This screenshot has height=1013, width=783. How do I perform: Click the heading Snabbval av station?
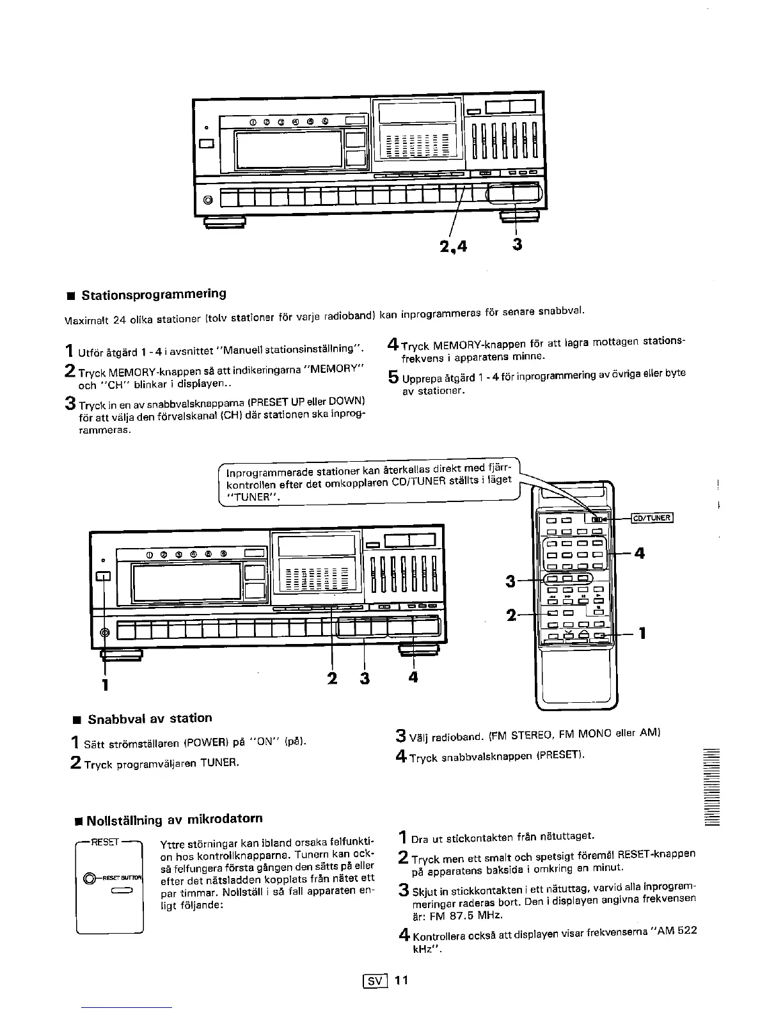(150, 718)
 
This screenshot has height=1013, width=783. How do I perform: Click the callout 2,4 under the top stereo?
(452, 246)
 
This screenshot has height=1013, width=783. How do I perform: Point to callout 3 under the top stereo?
(518, 245)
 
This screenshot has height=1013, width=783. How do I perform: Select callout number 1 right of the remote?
(642, 634)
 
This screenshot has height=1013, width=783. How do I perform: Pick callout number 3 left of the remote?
(510, 581)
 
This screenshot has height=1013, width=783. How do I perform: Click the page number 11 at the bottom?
(401, 980)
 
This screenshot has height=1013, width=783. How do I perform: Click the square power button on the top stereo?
(207, 143)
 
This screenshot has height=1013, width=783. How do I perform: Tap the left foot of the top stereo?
(224, 221)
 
